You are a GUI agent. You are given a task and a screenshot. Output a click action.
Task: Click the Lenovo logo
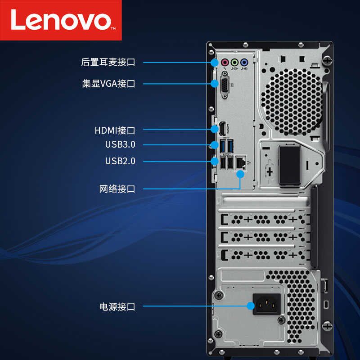click(x=61, y=20)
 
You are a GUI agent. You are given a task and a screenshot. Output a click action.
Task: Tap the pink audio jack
click(x=225, y=63)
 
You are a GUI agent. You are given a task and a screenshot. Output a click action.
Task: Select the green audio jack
click(x=234, y=63)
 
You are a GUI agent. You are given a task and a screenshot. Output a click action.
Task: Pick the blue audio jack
click(x=244, y=63)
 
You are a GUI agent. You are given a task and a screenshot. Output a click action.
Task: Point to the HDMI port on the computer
click(x=222, y=129)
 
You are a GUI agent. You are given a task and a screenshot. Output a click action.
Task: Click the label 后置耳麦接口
click(x=108, y=63)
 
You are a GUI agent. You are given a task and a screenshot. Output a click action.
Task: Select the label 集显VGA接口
click(x=108, y=84)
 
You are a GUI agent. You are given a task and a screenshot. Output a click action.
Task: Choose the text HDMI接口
click(x=115, y=130)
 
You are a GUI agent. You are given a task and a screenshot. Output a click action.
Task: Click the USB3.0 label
click(x=120, y=144)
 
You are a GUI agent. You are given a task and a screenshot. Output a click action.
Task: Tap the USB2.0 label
click(x=120, y=161)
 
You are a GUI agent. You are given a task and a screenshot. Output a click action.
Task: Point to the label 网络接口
click(x=117, y=189)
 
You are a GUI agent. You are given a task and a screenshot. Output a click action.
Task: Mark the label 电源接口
click(x=117, y=307)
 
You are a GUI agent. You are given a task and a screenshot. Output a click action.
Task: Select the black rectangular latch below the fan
click(x=289, y=165)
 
